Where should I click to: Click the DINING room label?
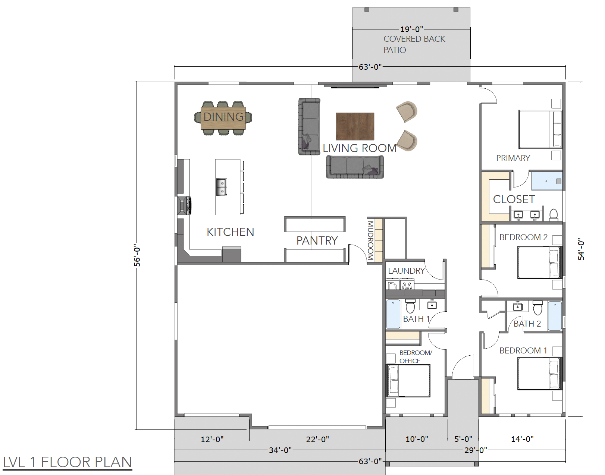(223, 117)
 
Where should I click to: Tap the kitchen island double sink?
(222, 187)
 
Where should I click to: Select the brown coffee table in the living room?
(355, 126)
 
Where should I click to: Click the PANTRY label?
(317, 241)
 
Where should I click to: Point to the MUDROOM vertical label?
(370, 241)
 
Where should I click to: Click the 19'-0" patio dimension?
(411, 29)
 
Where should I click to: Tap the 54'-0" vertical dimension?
(582, 249)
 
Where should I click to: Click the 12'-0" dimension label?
(212, 439)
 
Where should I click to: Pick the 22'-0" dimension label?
(317, 439)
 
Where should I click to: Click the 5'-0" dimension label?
(463, 439)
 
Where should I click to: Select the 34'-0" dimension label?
(280, 450)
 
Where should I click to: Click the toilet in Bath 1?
(410, 306)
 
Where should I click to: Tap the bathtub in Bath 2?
(555, 316)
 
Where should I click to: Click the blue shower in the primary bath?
(547, 181)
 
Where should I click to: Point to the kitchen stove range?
(184, 206)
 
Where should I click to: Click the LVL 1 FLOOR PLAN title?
(68, 462)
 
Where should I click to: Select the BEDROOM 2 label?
(523, 237)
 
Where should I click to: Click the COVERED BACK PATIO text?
(414, 44)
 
